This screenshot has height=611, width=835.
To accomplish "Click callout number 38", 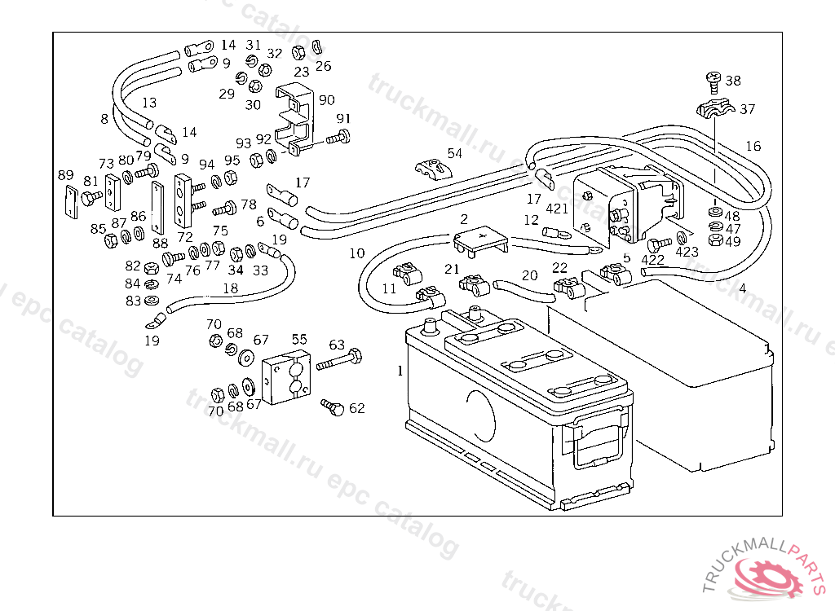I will [x=733, y=81].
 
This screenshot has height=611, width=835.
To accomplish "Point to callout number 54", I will [x=454, y=152].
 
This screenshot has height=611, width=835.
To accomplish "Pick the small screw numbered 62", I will [x=332, y=406].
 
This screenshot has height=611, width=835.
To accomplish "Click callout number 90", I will [x=326, y=100].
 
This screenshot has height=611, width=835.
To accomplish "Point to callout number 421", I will [x=557, y=209].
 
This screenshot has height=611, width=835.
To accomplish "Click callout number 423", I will [x=687, y=252].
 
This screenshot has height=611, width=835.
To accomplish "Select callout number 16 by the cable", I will [x=753, y=146].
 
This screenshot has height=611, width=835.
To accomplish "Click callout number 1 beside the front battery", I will [x=400, y=371].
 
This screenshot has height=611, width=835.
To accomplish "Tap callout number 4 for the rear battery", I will [x=742, y=288].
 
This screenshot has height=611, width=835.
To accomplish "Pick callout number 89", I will [x=65, y=174].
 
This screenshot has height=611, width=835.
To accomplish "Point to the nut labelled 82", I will [x=150, y=268].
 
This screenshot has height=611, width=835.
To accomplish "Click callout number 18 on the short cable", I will [x=231, y=288].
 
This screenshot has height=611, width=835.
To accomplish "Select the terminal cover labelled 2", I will [x=480, y=240].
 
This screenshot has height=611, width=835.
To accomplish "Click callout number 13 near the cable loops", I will [x=149, y=103].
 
